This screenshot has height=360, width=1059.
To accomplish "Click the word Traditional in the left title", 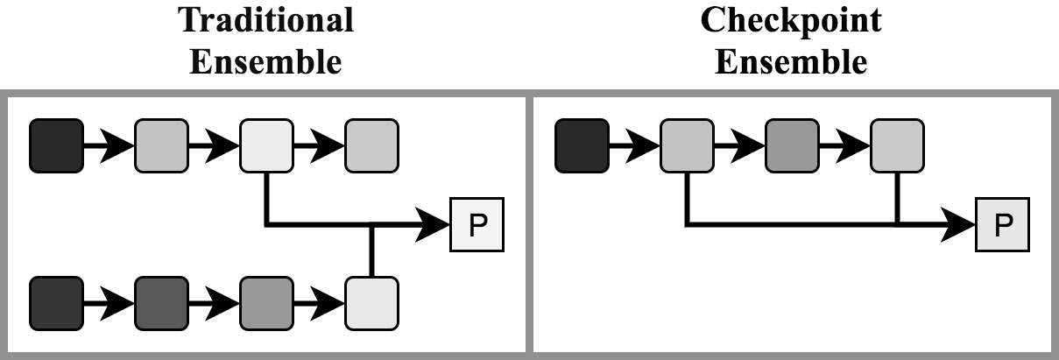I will click(266, 19).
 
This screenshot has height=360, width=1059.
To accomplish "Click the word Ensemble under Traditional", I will click(266, 61).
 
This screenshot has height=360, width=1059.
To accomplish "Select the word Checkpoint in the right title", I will click(792, 19).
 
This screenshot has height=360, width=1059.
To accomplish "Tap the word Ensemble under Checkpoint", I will click(792, 61).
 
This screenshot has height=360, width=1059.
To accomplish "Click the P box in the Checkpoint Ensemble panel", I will click(999, 225).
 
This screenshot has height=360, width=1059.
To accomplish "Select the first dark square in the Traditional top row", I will click(56, 146).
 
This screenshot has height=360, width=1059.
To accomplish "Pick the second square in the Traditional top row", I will click(161, 146).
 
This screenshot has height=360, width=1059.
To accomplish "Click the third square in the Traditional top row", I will click(266, 146).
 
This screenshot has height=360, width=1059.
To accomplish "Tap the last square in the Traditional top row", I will click(371, 146).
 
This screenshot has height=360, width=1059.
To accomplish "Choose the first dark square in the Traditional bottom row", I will click(56, 303).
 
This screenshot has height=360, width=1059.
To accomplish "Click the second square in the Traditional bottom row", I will click(161, 303).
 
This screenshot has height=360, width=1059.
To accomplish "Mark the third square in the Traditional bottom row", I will click(266, 303).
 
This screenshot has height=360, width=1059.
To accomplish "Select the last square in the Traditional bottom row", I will click(371, 303).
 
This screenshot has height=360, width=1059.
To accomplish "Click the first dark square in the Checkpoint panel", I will click(582, 146).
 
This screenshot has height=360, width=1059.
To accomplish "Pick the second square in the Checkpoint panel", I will click(687, 146).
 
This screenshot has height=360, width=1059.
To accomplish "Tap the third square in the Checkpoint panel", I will click(792, 146).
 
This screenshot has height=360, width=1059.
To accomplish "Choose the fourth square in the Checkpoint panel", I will click(897, 146).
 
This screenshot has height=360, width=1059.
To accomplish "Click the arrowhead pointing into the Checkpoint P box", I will click(959, 225).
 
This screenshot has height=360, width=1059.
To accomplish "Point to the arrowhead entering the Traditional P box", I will click(434, 225).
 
